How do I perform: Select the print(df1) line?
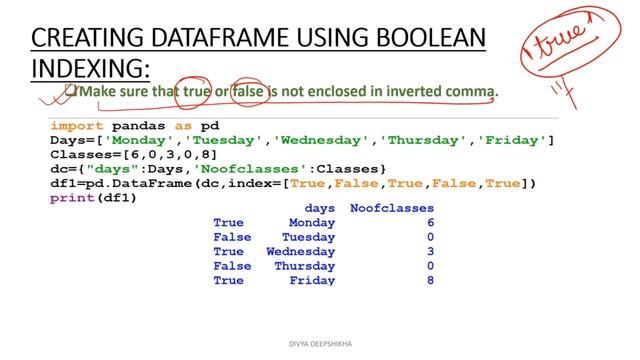tap(93, 198)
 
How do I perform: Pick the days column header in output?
tap(319, 208)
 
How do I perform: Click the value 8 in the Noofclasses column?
tap(430, 281)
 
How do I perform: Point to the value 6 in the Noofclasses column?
tap(430, 222)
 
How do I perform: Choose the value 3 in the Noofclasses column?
tap(430, 252)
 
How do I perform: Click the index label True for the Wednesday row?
tap(228, 252)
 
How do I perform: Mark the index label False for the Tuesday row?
tap(232, 237)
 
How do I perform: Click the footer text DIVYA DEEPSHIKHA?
tap(319, 342)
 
